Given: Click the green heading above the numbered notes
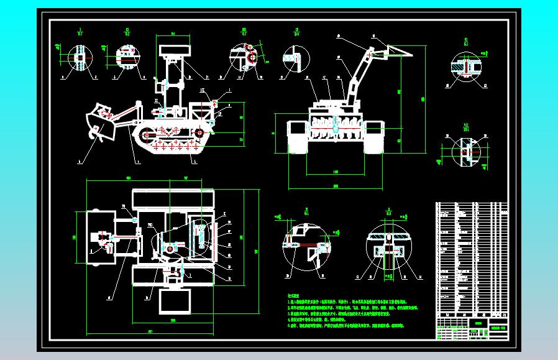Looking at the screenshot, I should pos(293,296).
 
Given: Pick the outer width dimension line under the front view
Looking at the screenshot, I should pos(336,186).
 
